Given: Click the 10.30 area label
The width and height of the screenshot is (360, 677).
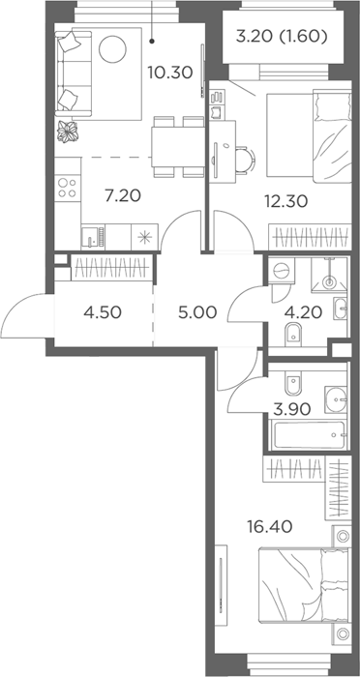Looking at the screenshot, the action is [x=170, y=73].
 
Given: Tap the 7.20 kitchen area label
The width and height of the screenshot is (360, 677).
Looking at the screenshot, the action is [x=123, y=196].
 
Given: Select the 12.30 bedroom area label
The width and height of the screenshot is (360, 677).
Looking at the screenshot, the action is [x=285, y=201].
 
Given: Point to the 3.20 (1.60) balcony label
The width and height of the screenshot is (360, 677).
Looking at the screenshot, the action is [x=281, y=37].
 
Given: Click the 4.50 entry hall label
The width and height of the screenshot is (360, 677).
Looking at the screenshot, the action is [x=103, y=311].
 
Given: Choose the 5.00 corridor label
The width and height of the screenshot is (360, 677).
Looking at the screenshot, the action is [x=197, y=311].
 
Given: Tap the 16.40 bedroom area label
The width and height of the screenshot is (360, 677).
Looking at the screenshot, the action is [x=270, y=526].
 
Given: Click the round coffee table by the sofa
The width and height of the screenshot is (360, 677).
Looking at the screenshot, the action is [x=112, y=49].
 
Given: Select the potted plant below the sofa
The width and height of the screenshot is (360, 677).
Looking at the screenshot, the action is [x=68, y=132].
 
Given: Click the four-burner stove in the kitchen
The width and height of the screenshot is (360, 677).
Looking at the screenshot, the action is [x=68, y=188].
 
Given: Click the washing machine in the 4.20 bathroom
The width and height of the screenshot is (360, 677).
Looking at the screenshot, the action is [x=281, y=270].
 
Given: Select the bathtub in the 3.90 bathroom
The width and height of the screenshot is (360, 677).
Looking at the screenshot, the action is [x=308, y=435].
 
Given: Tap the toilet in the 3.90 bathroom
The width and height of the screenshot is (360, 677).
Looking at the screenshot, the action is [x=293, y=383].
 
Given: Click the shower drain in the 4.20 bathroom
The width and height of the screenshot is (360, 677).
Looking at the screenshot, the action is [x=330, y=283].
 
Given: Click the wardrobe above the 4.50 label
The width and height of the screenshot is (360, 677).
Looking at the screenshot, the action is [x=112, y=268].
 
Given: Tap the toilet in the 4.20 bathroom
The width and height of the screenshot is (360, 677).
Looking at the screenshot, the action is [x=293, y=333].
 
